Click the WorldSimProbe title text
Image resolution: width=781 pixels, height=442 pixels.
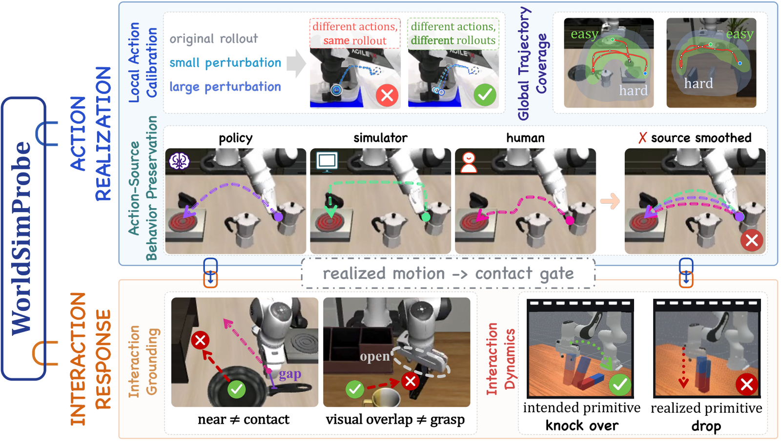point(21,238)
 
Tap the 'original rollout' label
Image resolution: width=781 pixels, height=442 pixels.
point(214,38)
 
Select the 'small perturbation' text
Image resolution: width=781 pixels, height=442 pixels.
point(225,63)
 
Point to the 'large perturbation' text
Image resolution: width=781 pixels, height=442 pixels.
point(225,87)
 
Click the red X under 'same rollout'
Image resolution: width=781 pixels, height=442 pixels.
point(387,95)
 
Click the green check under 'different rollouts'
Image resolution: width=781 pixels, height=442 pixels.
point(485,95)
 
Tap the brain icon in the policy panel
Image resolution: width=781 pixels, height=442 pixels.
point(179,161)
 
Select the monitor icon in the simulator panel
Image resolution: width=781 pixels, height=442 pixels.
point(327,162)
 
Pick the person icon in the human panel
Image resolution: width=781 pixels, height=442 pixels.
point(469,162)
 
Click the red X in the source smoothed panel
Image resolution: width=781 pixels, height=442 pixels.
point(752,240)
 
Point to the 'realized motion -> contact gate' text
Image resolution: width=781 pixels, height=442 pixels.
point(448,273)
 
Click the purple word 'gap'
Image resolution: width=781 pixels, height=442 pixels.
point(290,375)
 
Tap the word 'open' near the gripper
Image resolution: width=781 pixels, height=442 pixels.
point(375,357)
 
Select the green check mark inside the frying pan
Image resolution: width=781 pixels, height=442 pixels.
point(236,389)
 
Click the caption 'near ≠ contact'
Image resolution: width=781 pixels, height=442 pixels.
point(244,420)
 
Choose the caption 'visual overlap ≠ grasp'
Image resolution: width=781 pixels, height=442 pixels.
point(395,420)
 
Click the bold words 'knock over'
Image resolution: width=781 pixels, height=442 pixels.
point(582,425)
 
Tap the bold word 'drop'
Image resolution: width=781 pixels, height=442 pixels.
point(706,426)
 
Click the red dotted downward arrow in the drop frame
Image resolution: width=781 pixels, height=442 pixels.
point(683,367)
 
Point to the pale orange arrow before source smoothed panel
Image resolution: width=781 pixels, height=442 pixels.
point(610,201)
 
